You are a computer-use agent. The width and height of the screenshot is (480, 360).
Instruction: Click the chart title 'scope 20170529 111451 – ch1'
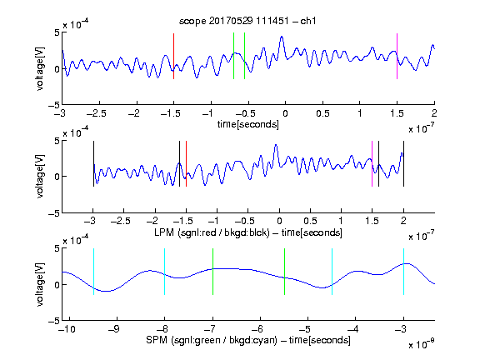[247, 21]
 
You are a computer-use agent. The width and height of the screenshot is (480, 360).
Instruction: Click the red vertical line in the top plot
[173, 57]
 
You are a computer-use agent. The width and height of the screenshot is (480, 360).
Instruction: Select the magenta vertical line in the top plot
[397, 57]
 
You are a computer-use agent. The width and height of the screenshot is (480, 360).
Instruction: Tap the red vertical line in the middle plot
[186, 164]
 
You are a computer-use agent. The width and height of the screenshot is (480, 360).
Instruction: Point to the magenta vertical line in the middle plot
[372, 164]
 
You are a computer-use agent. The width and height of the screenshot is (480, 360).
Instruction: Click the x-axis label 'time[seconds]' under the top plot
[248, 124]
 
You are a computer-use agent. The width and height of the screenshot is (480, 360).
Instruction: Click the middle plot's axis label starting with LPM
[248, 232]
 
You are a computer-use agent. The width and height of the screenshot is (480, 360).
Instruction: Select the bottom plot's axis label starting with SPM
[248, 340]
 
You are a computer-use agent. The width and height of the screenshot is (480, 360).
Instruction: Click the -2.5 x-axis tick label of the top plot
[97, 113]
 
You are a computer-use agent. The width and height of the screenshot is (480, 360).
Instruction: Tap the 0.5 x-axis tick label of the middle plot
[310, 221]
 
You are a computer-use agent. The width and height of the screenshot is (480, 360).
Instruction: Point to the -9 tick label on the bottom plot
[114, 329]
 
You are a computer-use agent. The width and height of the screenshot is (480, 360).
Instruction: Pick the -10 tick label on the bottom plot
[67, 329]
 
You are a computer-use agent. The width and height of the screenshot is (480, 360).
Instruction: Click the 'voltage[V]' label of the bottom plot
[40, 284]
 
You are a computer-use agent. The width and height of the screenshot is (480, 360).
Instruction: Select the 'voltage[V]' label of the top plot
[40, 68]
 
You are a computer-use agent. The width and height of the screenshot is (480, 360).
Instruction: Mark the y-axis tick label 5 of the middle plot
[57, 141]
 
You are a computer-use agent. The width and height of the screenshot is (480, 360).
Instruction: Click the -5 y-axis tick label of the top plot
[54, 105]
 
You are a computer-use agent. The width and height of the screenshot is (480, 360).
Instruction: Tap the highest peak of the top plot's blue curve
[282, 37]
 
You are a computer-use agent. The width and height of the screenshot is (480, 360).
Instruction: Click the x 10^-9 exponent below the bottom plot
[422, 344]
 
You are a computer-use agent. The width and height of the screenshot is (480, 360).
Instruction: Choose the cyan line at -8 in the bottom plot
[164, 272]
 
